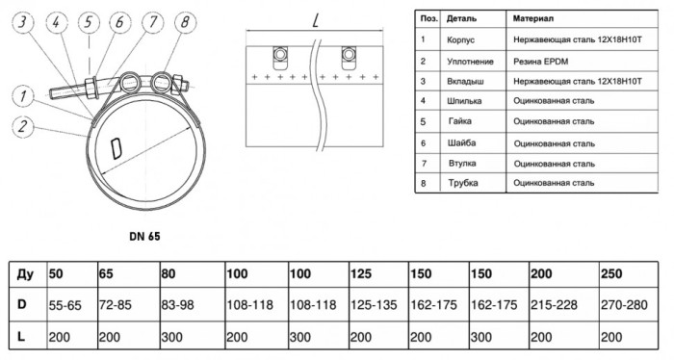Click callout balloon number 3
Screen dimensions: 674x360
coord(23,22)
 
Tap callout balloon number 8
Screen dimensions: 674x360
coord(185,22)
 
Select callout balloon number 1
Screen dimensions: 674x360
coord(23,96)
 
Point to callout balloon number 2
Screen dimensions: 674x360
coord(23,127)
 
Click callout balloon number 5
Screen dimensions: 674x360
coord(89,22)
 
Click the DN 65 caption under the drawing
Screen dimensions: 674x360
coord(144,236)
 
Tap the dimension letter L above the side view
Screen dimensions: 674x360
coord(316,19)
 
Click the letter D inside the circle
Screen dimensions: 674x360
coord(116,148)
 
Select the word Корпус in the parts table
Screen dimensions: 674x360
coord(460,40)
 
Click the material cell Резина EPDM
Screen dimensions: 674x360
coord(540,62)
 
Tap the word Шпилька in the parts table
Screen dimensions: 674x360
coord(464,101)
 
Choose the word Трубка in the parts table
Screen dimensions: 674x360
coord(463,183)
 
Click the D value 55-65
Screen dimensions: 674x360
coord(65,305)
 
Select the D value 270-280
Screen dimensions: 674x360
coord(624,305)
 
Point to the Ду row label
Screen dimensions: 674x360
coord(25,274)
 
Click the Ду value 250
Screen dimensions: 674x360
coord(611,273)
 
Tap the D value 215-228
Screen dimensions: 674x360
coord(554,305)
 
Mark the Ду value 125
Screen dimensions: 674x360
coord(361,273)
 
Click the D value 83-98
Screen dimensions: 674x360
coord(177,305)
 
